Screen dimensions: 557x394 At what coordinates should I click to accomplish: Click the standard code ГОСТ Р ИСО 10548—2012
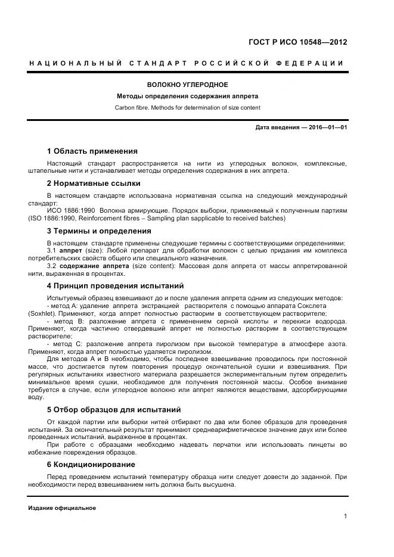(297, 42)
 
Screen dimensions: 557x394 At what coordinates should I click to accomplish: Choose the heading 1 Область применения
(92, 151)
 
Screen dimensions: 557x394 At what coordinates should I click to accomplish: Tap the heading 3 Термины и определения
(98, 231)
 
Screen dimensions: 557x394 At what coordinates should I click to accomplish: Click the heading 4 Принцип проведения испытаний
(115, 285)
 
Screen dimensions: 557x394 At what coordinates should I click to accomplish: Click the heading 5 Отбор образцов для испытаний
(113, 410)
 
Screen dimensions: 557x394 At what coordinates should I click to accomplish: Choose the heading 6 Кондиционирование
(91, 464)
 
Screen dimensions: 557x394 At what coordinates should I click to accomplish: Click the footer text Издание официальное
(62, 508)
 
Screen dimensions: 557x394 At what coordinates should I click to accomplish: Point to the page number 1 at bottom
(345, 516)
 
